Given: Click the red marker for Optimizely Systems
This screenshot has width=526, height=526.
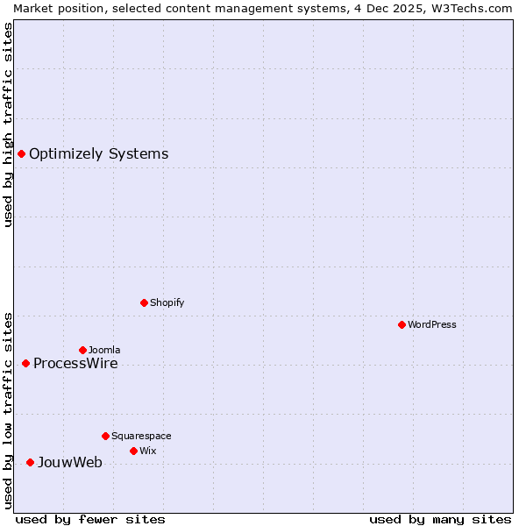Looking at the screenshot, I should [21, 154].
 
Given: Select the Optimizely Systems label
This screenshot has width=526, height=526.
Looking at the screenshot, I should [98, 154].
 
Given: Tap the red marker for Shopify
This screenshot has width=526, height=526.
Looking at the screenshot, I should [144, 302].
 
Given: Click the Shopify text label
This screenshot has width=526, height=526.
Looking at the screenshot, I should [167, 303].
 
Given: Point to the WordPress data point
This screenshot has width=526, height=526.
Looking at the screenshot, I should [402, 324].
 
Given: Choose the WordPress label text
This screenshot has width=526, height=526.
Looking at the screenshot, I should [431, 325].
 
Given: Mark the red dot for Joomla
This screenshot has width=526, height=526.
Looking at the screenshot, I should [82, 350].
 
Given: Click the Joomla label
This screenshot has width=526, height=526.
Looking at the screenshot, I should [103, 351].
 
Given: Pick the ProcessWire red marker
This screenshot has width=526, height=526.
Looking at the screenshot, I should [25, 363].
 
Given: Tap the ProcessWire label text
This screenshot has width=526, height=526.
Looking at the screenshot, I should [75, 364].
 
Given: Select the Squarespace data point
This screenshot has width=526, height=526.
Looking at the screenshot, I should [105, 436].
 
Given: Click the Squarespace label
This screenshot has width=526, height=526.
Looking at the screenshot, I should [141, 437].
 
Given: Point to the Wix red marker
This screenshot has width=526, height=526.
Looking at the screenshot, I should [133, 451].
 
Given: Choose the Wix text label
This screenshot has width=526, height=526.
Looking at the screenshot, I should [147, 451].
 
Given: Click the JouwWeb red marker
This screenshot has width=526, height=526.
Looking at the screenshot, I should [30, 462].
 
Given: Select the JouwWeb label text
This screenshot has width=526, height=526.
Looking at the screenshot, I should [69, 463].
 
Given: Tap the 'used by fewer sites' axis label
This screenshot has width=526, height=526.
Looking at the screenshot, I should [90, 519].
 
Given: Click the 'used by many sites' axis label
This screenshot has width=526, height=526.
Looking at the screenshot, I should [440, 519].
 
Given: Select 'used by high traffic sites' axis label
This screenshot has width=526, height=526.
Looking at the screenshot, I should [8, 124].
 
